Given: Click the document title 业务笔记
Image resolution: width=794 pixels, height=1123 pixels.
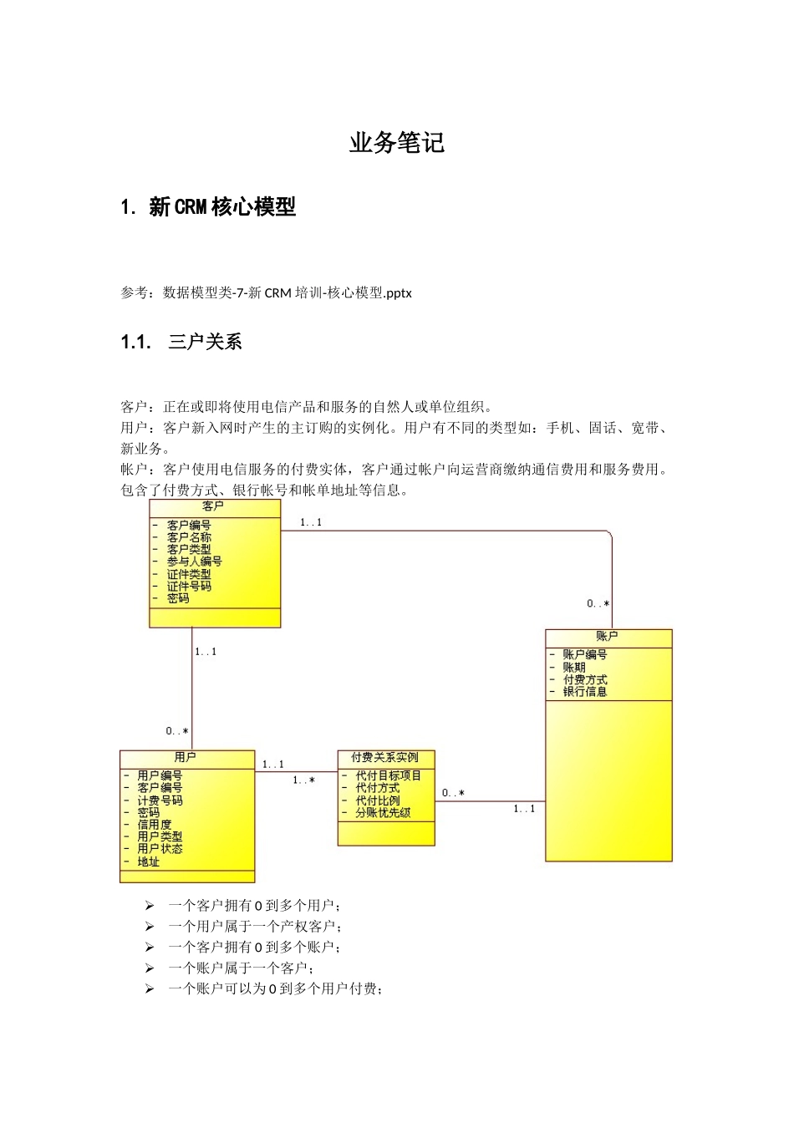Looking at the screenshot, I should tap(397, 143).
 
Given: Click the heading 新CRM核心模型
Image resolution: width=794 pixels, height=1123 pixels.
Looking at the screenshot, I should tap(222, 206).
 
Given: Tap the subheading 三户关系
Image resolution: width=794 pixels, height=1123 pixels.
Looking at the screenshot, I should tap(205, 341).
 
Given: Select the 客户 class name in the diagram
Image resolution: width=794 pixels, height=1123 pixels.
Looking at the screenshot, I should tap(213, 506).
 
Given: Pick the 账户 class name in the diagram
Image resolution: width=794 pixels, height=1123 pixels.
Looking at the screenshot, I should tap(608, 637).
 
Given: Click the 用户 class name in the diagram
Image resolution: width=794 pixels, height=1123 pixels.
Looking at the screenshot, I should tap(186, 757).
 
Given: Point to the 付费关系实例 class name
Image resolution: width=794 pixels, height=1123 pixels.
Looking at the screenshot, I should tap(385, 757).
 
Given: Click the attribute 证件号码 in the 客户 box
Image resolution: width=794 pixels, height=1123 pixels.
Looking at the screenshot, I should tap(189, 586).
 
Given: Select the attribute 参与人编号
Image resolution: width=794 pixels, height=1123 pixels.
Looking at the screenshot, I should tap(194, 561).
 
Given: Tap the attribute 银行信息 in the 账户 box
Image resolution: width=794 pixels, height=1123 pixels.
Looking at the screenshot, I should tap(585, 691).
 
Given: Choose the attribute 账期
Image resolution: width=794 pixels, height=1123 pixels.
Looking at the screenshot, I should tap(574, 667).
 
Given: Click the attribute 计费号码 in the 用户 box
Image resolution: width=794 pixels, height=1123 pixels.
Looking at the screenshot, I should tap(160, 800).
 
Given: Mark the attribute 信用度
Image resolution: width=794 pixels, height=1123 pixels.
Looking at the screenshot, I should tap(155, 824).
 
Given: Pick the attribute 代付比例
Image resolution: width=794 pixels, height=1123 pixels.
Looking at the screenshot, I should tap(378, 800).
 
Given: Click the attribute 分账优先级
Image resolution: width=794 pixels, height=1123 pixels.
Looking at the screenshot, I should tap(383, 812).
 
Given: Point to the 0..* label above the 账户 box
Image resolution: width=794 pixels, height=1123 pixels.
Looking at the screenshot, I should tap(598, 603).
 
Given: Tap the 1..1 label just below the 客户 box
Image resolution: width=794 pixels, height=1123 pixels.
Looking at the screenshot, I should tap(206, 652).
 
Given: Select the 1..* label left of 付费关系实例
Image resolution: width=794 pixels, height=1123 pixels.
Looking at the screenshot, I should tap(303, 780).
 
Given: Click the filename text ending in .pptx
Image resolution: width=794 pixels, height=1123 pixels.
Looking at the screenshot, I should tap(288, 292).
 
